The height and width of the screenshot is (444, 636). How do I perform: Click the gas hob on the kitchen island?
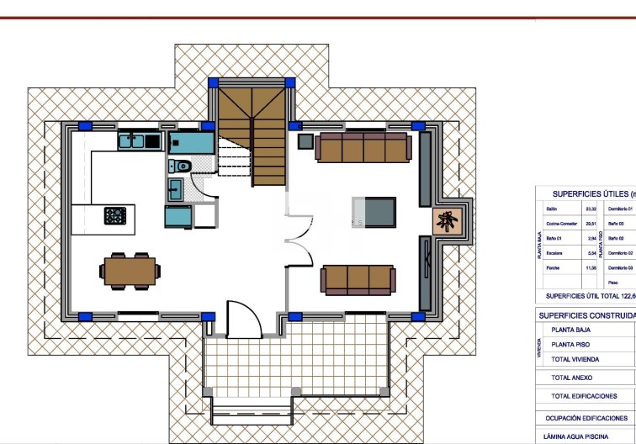pos(115,215)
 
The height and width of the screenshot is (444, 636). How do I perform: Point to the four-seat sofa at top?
pos(363,146)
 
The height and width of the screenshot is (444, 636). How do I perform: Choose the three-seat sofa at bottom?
pos(358,279)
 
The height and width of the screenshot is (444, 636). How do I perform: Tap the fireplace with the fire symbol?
pos(446,221)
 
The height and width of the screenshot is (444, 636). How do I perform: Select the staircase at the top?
pos(252,135)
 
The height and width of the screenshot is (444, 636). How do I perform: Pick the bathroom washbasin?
pos(176,190)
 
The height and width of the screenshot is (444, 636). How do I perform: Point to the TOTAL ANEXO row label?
pos(571,378)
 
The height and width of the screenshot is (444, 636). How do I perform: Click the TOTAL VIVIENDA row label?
pos(576,359)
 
